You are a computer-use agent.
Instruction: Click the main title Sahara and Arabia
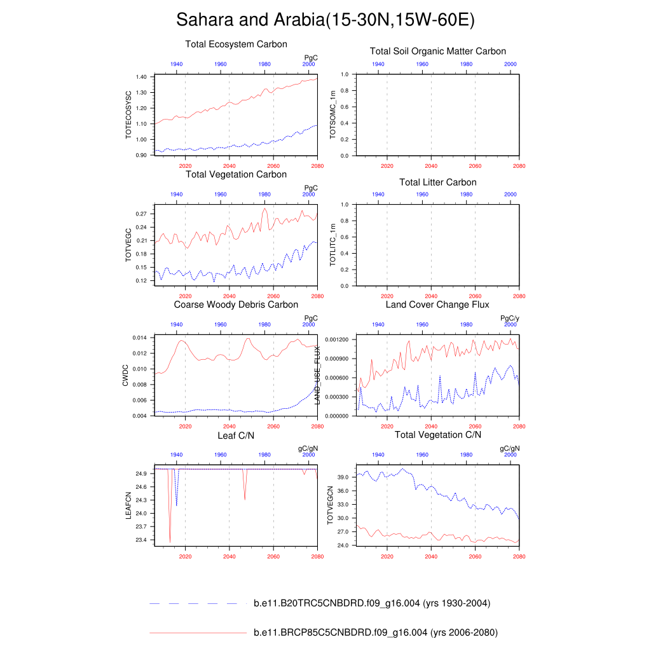point(325,20)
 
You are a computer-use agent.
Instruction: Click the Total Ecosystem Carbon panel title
point(236,45)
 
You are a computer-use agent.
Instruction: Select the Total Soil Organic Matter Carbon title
point(438,51)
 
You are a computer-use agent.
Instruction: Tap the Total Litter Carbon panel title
point(438,182)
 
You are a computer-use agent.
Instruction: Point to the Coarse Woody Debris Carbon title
point(236,305)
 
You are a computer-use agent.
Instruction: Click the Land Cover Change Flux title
point(437,305)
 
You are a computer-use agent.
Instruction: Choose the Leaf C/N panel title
point(236,435)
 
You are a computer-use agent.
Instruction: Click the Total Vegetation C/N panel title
point(438,435)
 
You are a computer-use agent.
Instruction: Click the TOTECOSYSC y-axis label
point(128,115)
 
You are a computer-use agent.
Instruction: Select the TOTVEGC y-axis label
point(128,245)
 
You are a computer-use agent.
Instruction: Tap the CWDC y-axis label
point(126,375)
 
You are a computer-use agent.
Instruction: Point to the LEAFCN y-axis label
point(128,505)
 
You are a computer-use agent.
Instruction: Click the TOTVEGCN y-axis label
point(331,505)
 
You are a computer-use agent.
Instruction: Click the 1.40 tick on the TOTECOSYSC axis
point(141,77)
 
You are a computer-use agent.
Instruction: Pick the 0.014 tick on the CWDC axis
point(140,338)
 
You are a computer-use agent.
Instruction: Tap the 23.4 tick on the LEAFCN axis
point(141,540)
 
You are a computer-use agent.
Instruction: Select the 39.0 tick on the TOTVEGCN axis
point(343,477)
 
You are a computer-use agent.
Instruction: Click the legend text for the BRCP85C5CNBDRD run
point(375,633)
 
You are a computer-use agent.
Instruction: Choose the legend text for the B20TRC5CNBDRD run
point(371,603)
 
